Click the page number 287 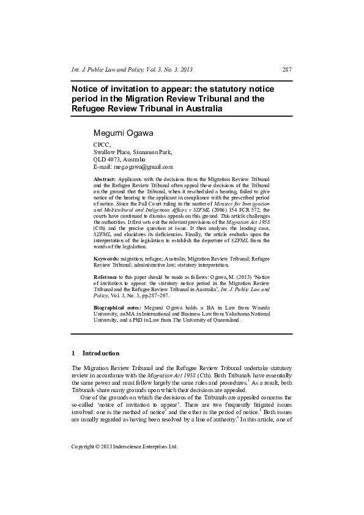tap(286, 70)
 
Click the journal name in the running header tap(115, 70)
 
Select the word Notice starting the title tap(87, 89)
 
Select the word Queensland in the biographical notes tap(222, 319)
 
